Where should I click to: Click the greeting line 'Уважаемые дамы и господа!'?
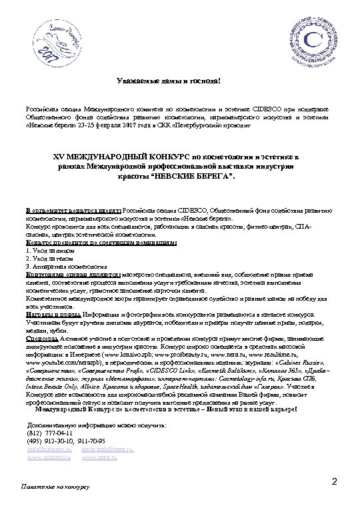(x=179, y=81)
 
